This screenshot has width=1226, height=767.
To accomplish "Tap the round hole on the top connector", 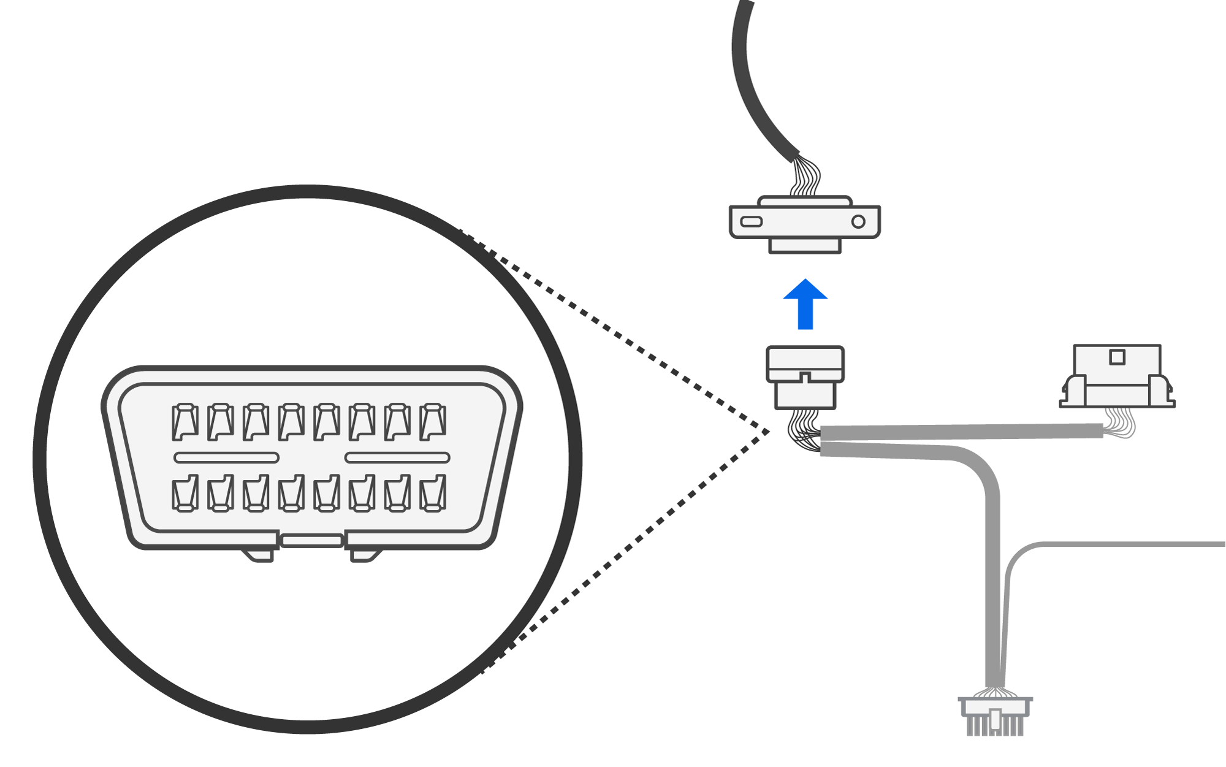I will click(858, 221).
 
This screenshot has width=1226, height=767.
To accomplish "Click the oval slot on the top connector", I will click(751, 221).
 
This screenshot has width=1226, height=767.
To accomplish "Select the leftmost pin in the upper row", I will click(185, 422).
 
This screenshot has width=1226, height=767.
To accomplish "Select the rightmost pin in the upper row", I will click(433, 422).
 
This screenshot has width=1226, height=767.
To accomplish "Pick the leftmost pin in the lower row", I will click(185, 493).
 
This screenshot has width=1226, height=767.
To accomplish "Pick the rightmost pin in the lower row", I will click(433, 493).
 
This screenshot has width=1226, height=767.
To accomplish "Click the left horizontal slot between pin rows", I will click(226, 457).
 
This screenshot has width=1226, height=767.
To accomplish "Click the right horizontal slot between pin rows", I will click(397, 457).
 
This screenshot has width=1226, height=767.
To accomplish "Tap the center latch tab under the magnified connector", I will click(311, 540).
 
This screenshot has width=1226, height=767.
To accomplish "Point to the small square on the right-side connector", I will click(1117, 357).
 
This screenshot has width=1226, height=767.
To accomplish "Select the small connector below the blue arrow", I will click(805, 377).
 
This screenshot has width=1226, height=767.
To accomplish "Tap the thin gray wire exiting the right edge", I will click(1134, 544).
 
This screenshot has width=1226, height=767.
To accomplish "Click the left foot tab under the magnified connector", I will click(260, 555).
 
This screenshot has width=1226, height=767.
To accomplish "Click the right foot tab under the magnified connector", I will click(365, 555).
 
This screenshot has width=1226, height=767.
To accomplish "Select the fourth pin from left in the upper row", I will click(291, 422).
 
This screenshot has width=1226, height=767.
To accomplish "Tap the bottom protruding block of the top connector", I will click(805, 245).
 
